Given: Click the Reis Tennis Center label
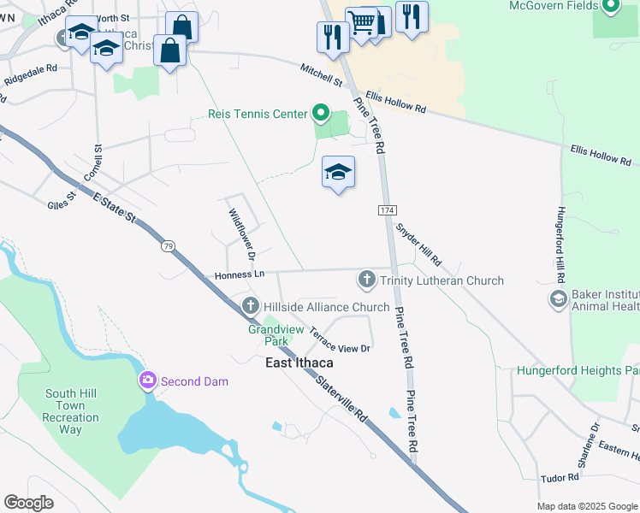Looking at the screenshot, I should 258,114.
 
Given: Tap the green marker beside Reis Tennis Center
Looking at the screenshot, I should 320,113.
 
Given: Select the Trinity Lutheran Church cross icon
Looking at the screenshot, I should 367,280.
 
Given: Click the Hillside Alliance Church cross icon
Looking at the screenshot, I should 251,306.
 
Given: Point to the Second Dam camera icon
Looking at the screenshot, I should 147,380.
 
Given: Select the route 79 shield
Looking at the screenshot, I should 168,246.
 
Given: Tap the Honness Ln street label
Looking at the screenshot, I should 240,274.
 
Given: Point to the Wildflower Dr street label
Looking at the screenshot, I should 240,232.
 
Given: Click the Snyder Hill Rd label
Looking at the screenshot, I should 418,244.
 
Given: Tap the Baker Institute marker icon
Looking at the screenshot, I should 559,298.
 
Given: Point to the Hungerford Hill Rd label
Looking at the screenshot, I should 561,244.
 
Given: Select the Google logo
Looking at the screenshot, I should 29,503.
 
